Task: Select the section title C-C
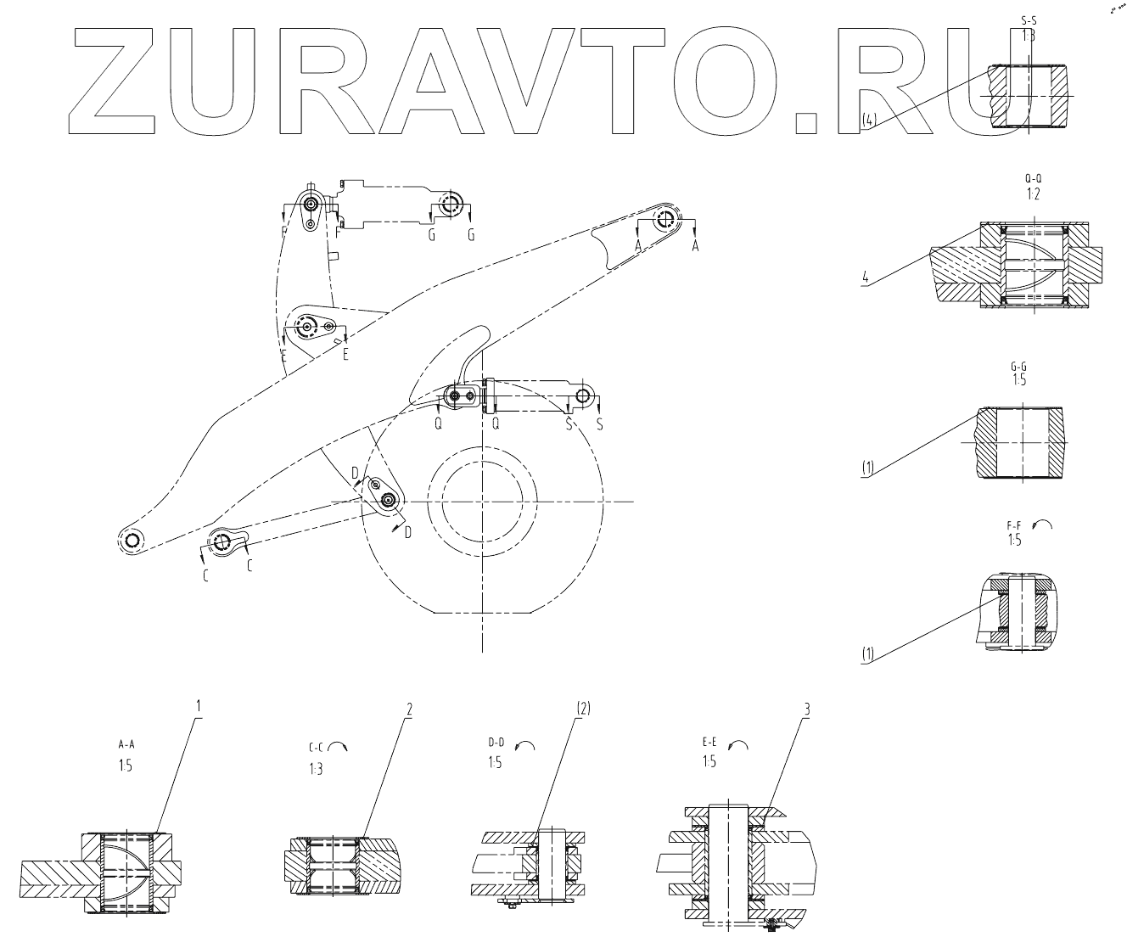pyautogui.click(x=317, y=749)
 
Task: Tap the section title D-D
pyautogui.click(x=496, y=742)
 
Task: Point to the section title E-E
pyautogui.click(x=710, y=742)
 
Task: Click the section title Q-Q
pyautogui.click(x=1033, y=179)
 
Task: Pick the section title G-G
pyautogui.click(x=1019, y=366)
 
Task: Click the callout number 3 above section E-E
pyautogui.click(x=807, y=707)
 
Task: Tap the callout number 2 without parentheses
pyautogui.click(x=408, y=707)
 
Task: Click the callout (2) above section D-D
pyautogui.click(x=583, y=707)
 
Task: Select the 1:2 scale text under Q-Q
pyautogui.click(x=1033, y=194)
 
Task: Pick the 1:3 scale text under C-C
pyautogui.click(x=317, y=770)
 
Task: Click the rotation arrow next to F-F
pyautogui.click(x=1044, y=526)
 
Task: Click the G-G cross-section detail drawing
pyautogui.click(x=1019, y=443)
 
